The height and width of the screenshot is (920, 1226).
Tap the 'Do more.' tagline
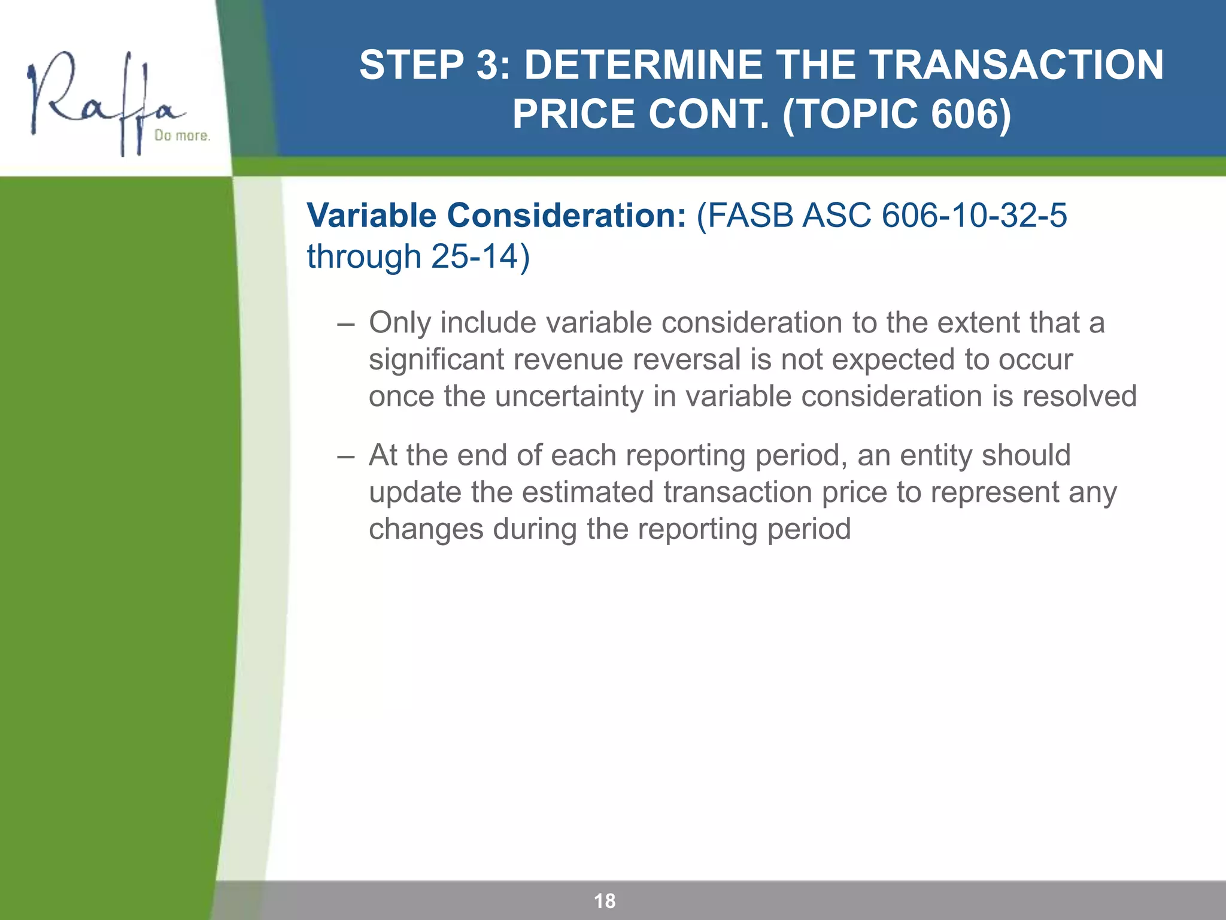point(182,135)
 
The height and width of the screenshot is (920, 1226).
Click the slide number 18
point(605,901)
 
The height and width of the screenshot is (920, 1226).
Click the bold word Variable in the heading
point(372,215)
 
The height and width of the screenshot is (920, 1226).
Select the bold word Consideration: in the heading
point(566,215)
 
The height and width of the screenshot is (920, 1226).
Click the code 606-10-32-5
point(974,215)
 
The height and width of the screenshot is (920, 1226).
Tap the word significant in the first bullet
point(436,360)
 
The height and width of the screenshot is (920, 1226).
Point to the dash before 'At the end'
point(345,456)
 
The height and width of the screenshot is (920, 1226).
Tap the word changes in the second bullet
point(426,529)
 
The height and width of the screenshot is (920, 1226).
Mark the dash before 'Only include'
point(345,323)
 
